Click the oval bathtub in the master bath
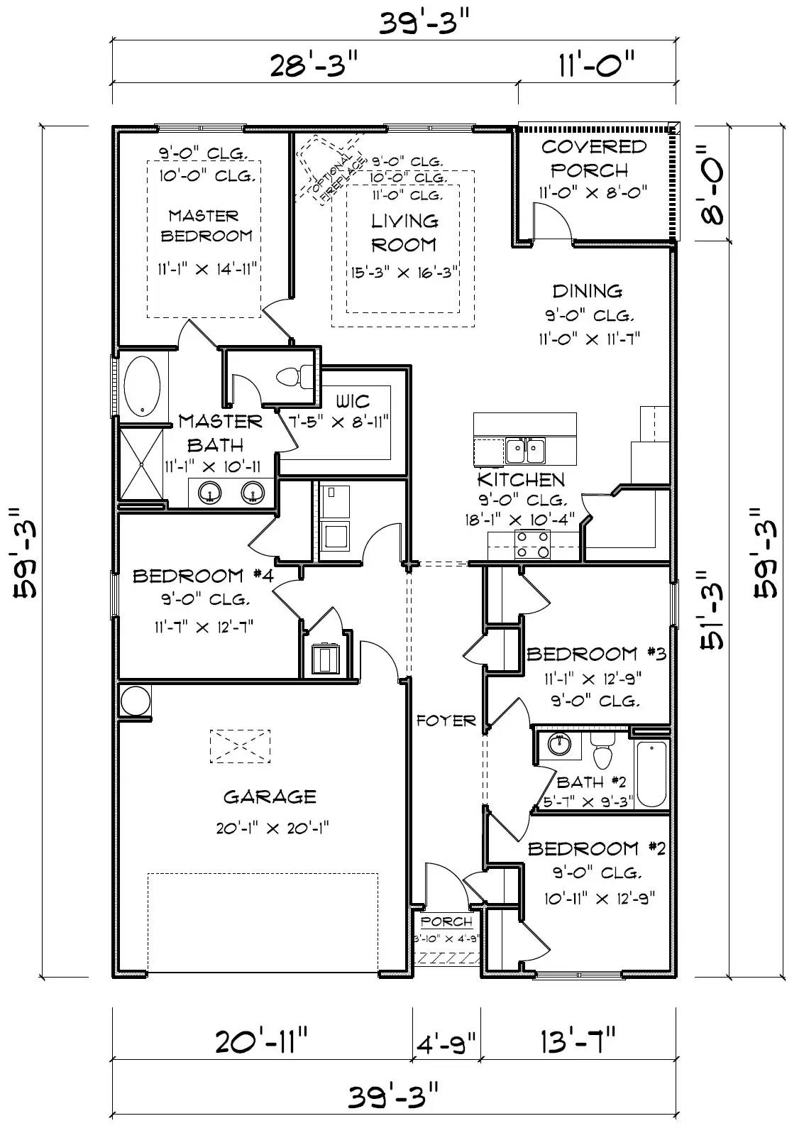tap(141, 386)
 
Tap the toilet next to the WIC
tap(292, 376)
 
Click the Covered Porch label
tap(593, 158)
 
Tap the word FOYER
tap(446, 721)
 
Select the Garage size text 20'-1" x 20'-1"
tap(270, 828)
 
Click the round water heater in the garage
tap(135, 701)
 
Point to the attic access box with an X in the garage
tap(240, 746)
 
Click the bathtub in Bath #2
tap(651, 774)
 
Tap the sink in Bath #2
tap(560, 745)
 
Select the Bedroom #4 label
tap(202, 575)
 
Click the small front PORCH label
tap(446, 921)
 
